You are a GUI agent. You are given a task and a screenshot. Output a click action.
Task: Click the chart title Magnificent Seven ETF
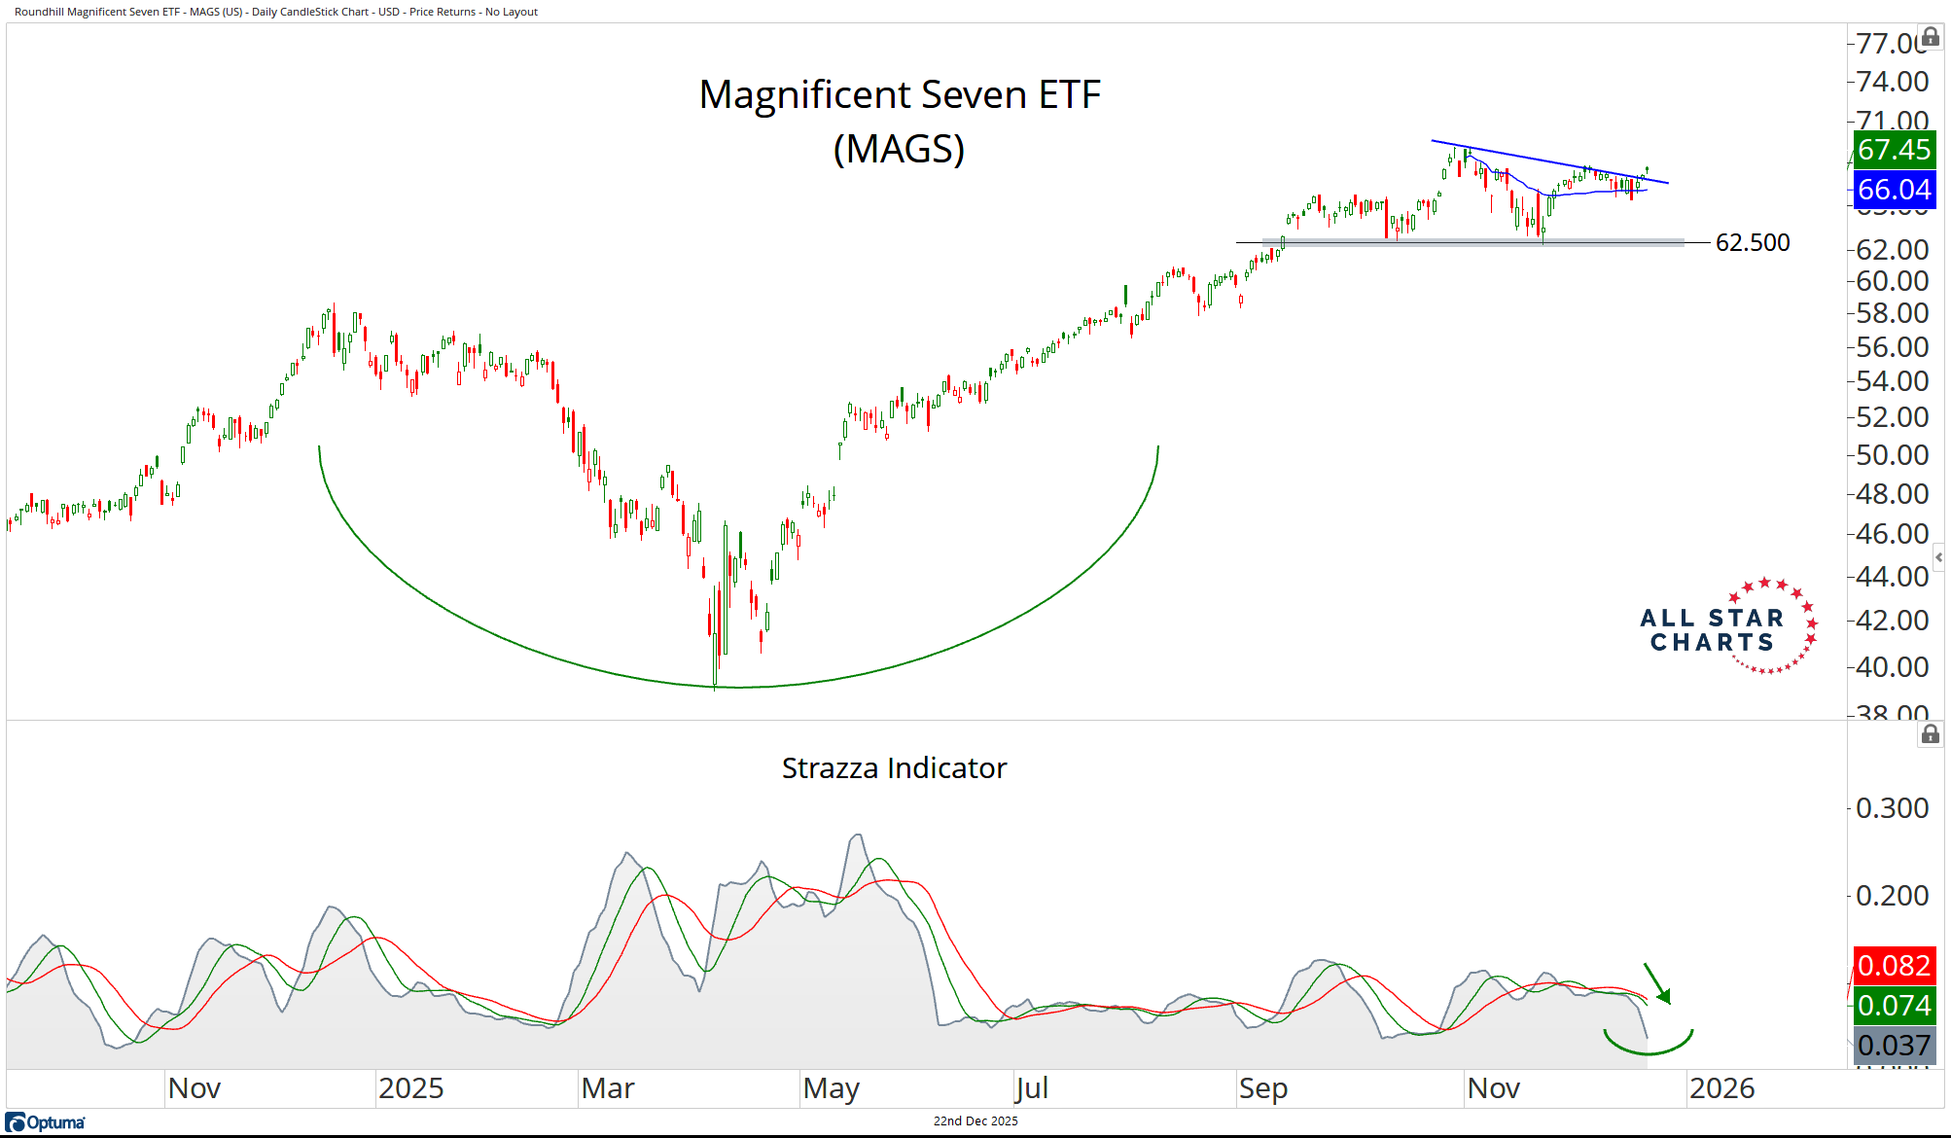pos(900,95)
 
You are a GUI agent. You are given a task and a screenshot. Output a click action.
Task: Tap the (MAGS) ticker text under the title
pos(900,149)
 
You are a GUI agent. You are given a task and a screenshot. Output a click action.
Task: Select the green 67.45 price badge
pos(1893,150)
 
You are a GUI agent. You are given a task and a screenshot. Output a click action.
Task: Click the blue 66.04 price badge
pos(1893,190)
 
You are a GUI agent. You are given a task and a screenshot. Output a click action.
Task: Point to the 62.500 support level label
pos(1753,242)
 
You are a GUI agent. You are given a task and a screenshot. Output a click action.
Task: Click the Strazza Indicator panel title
pos(894,768)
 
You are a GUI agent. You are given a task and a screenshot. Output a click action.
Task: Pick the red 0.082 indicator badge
pos(1893,966)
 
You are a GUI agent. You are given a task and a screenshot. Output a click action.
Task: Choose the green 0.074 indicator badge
pos(1893,1006)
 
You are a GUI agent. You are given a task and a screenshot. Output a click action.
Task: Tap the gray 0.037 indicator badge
pos(1893,1046)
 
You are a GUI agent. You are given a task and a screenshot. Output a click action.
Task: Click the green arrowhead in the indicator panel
pos(1664,996)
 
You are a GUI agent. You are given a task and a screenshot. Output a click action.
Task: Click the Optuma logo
pos(46,1122)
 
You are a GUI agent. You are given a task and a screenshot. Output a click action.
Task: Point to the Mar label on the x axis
pos(608,1088)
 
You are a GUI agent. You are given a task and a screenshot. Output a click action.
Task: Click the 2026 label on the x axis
pos(1721,1088)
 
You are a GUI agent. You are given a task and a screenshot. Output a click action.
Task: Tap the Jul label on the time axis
pos(1031,1088)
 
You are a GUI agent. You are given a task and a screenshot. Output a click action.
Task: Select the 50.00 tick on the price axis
pos(1892,455)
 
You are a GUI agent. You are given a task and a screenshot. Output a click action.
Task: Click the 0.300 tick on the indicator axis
pos(1892,808)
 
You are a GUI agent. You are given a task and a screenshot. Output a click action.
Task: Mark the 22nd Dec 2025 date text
pos(975,1121)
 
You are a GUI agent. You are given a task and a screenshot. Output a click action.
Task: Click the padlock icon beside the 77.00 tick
pos(1931,37)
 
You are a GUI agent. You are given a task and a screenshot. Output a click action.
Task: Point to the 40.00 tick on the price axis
pos(1892,667)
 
